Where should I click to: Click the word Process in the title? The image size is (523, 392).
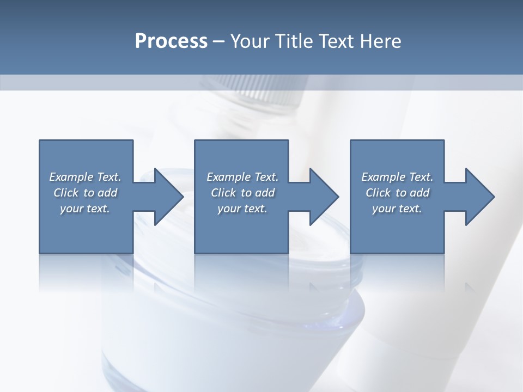pos(171,41)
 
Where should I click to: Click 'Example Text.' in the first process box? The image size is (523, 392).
pos(85,177)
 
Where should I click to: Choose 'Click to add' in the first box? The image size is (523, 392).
pos(85,193)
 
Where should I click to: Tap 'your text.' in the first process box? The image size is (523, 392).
pos(85,209)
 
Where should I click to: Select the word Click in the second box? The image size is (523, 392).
pos(223,193)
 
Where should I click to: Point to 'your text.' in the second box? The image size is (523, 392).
pos(242,209)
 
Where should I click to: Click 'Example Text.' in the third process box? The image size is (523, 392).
pos(397,177)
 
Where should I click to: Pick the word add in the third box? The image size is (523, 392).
pos(419,193)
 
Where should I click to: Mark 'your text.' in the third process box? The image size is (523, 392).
pos(397,209)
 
